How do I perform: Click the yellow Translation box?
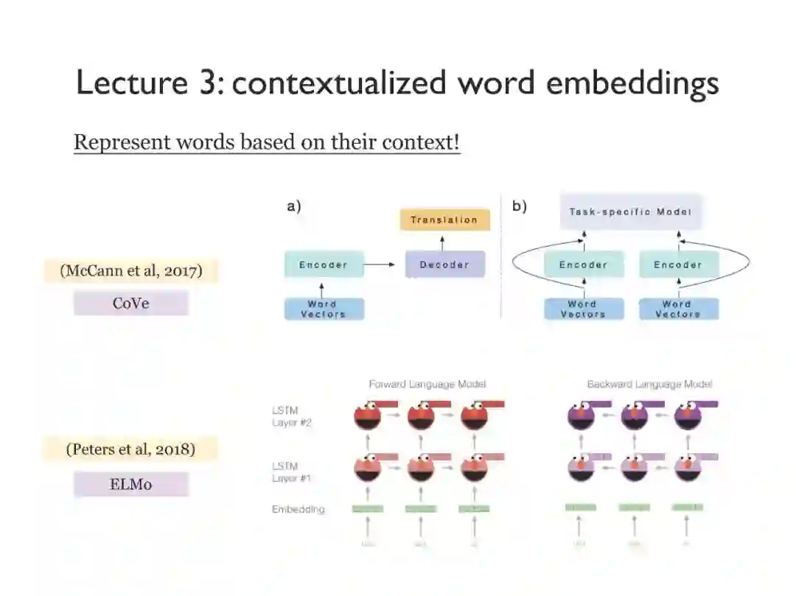pyautogui.click(x=444, y=220)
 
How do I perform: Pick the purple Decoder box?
pyautogui.click(x=444, y=264)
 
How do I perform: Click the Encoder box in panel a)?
pyautogui.click(x=324, y=264)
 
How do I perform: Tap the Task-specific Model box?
pyautogui.click(x=630, y=211)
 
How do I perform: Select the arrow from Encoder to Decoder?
pyautogui.click(x=380, y=264)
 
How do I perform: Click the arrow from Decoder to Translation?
pyautogui.click(x=443, y=241)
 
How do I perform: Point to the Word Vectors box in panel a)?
pyautogui.click(x=324, y=309)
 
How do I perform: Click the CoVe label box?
pyautogui.click(x=131, y=303)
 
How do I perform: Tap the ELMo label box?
pyautogui.click(x=131, y=484)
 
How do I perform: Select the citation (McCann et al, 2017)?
pyautogui.click(x=131, y=270)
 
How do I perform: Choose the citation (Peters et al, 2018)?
pyautogui.click(x=131, y=449)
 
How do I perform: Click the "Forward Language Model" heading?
pyautogui.click(x=427, y=384)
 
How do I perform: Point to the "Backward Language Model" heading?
pyautogui.click(x=649, y=384)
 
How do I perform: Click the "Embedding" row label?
pyautogui.click(x=298, y=509)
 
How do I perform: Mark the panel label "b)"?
pyautogui.click(x=520, y=206)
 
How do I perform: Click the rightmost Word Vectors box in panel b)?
pyautogui.click(x=677, y=309)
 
